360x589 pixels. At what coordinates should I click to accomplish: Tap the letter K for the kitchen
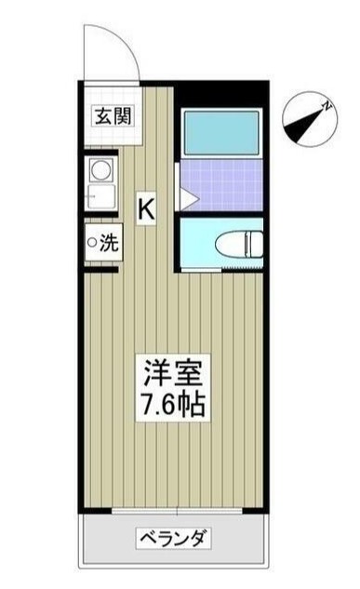[147, 208]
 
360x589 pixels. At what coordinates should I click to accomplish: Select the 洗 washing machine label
[108, 244]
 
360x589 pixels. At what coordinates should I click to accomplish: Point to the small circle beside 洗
[92, 244]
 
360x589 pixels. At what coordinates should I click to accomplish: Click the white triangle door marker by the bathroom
[186, 197]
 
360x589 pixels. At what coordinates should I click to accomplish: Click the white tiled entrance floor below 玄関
[110, 136]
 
